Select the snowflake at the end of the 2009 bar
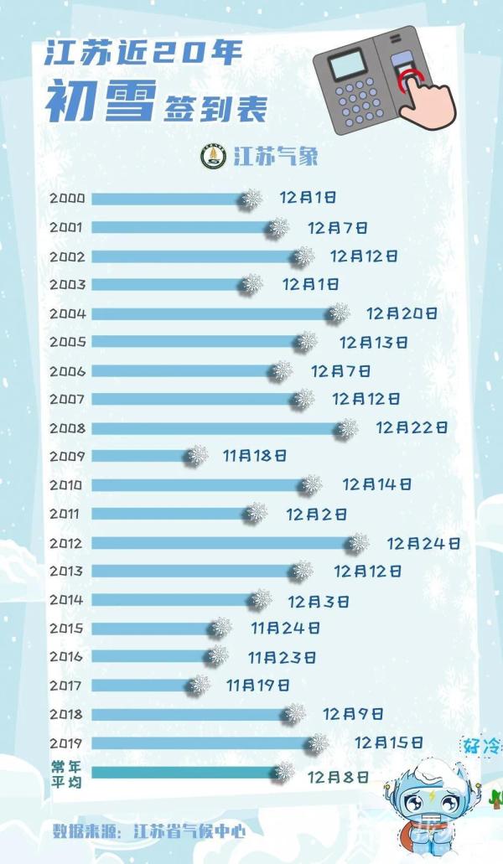tap(198, 455)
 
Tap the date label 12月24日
tap(423, 543)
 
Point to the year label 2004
tap(67, 313)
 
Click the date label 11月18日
tap(255, 456)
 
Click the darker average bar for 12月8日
tap(184, 772)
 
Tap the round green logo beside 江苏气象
tap(213, 157)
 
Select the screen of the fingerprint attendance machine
tap(347, 64)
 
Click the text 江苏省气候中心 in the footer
tap(189, 832)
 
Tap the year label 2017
tap(67, 686)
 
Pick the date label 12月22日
tap(412, 428)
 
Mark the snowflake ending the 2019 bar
tap(318, 742)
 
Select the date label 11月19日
tap(257, 686)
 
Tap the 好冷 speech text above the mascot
tap(480, 745)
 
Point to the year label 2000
tap(67, 199)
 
